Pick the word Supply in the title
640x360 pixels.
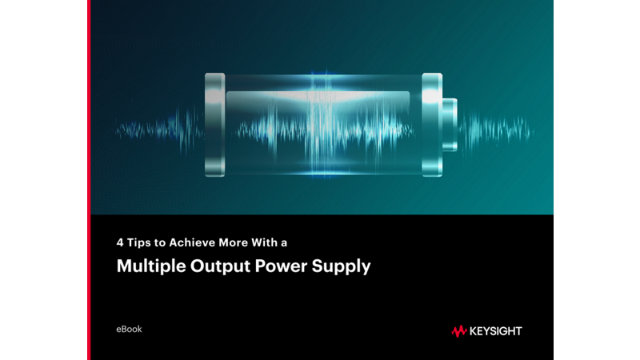click(345, 267)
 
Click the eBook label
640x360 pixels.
click(130, 329)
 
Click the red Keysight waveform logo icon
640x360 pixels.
click(458, 330)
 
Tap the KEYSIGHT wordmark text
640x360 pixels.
click(495, 330)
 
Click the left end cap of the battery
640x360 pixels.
click(214, 125)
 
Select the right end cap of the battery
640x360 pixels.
click(432, 125)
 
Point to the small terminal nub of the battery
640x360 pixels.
click(450, 125)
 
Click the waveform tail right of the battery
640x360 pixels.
click(496, 126)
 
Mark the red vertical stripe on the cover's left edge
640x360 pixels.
click(89, 180)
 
